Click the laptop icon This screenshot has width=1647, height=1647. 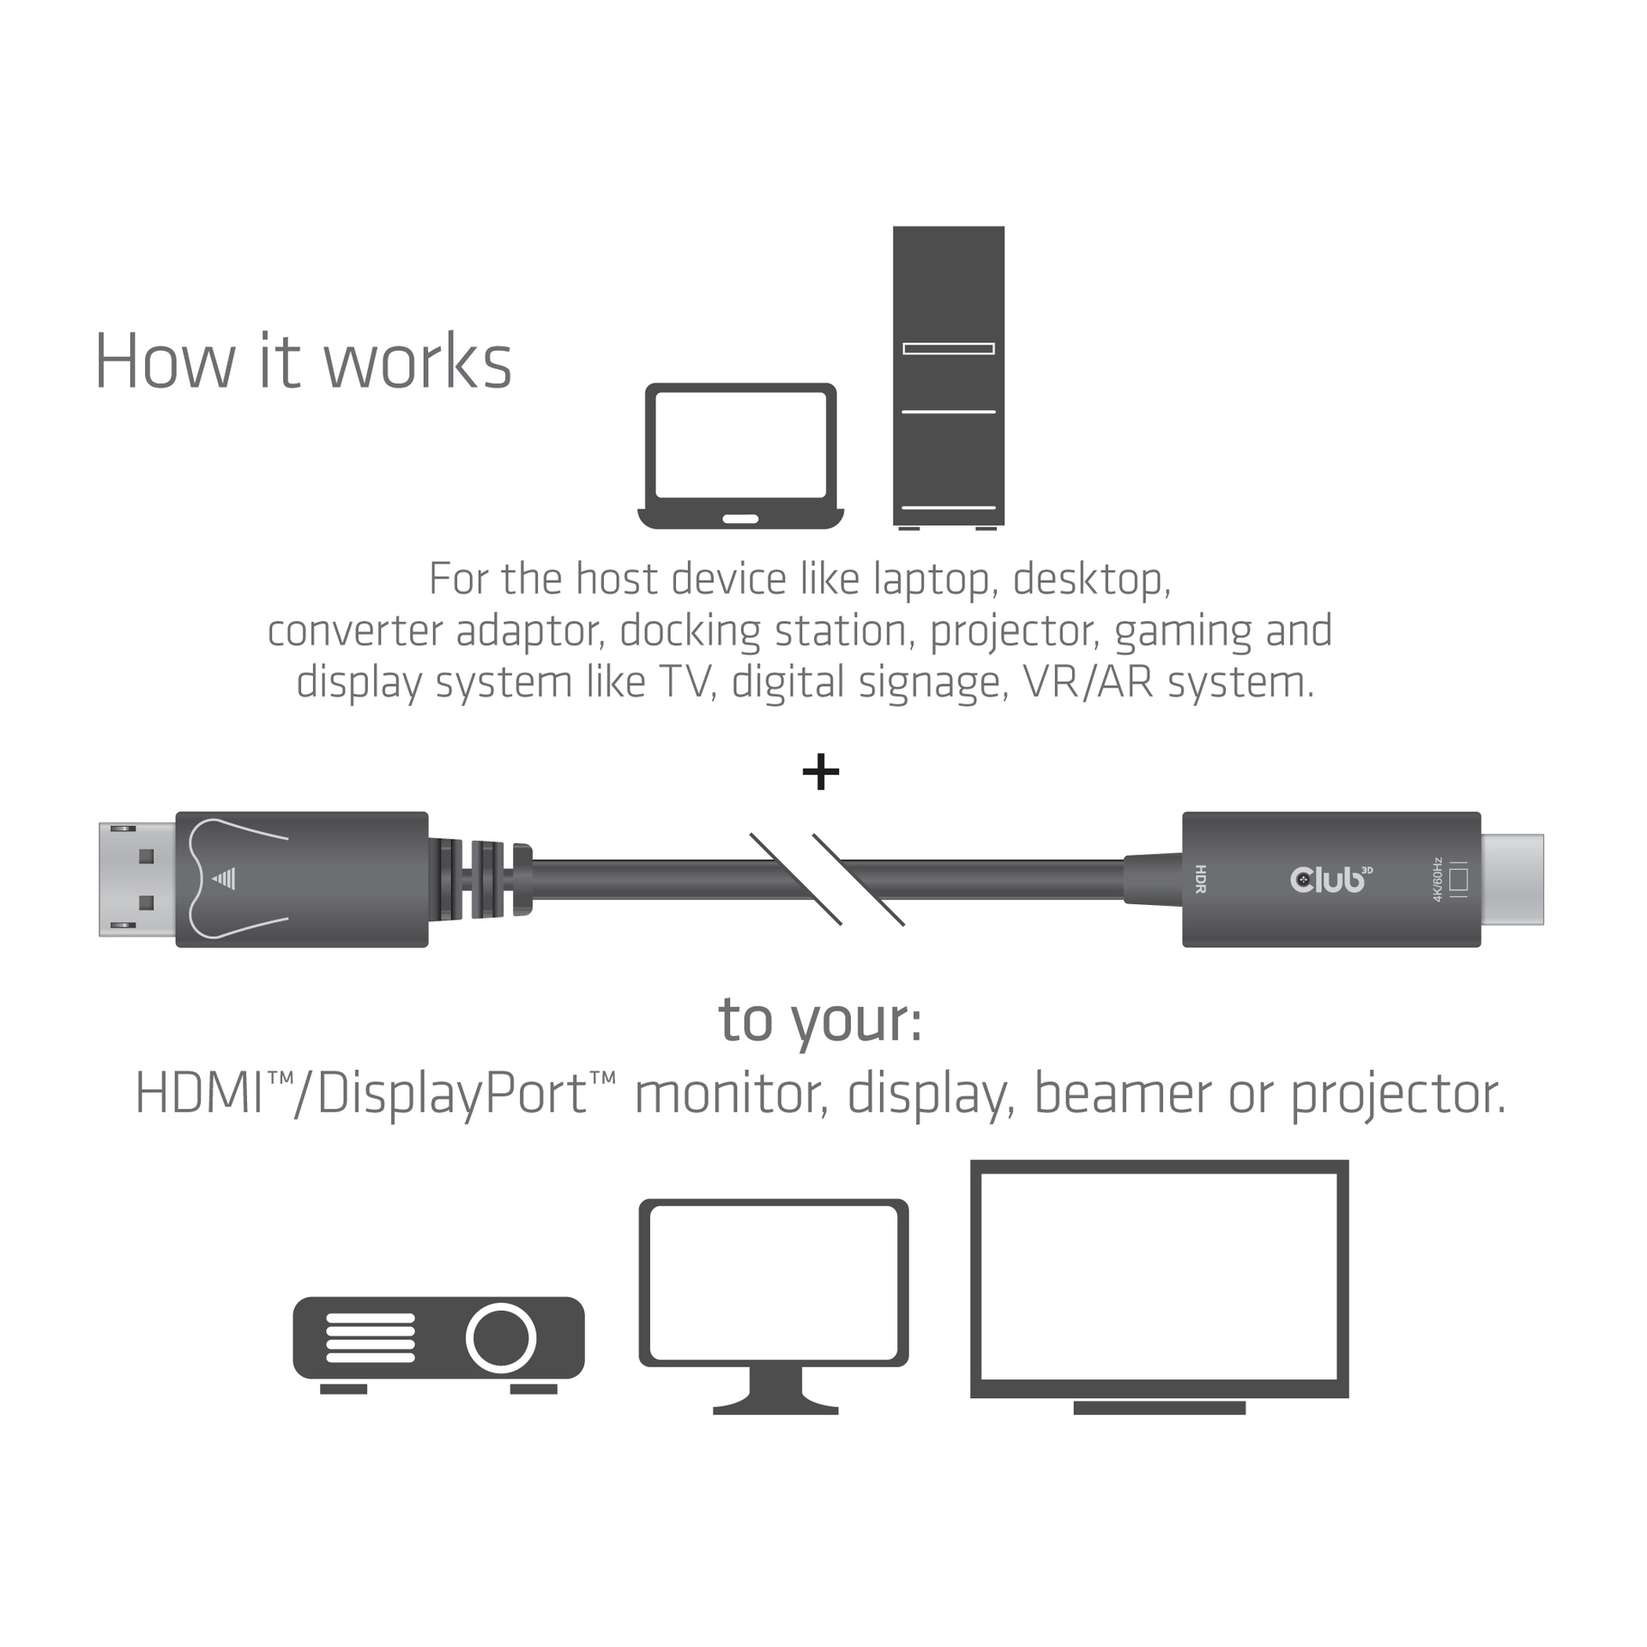(x=740, y=455)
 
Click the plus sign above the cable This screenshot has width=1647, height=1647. (x=820, y=772)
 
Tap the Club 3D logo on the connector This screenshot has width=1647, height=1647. (x=1330, y=879)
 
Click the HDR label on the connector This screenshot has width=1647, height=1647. (x=1200, y=879)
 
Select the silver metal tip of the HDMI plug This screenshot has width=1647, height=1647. (x=1511, y=879)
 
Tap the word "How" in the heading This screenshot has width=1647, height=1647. (x=164, y=362)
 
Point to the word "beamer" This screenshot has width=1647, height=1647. (x=1123, y=1094)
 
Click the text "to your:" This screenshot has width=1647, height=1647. (x=820, y=1021)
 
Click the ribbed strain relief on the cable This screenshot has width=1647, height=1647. (x=479, y=879)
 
